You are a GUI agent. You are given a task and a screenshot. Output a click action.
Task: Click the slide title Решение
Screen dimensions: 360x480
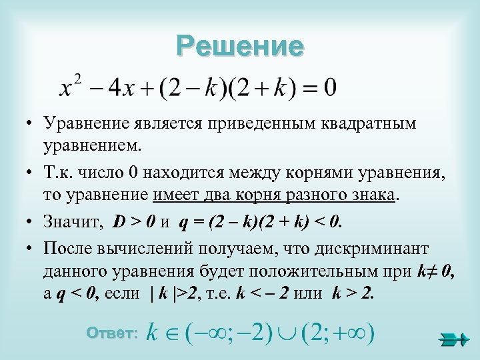(240, 45)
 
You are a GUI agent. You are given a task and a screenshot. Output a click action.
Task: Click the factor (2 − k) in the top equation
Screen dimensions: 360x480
(191, 88)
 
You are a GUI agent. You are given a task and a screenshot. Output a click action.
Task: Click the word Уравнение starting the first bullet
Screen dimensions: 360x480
(83, 123)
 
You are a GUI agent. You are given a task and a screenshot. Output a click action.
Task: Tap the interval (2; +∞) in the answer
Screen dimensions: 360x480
(337, 332)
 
